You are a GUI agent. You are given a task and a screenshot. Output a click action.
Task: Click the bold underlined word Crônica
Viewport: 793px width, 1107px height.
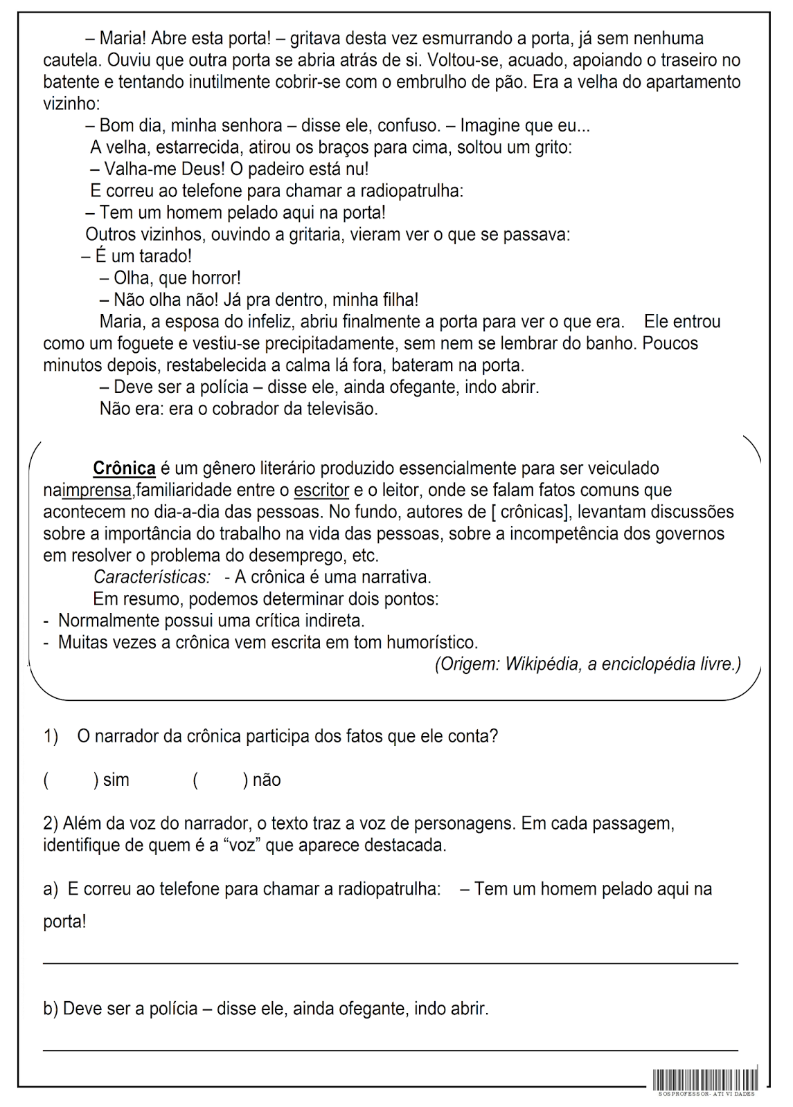pyautogui.click(x=124, y=468)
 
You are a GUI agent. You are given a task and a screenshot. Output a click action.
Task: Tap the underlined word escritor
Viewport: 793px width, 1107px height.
pyautogui.click(x=321, y=491)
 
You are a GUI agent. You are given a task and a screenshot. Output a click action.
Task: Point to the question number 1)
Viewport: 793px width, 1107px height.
pyautogui.click(x=51, y=736)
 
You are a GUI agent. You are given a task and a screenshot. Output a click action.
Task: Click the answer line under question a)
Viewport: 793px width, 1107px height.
pyautogui.click(x=390, y=962)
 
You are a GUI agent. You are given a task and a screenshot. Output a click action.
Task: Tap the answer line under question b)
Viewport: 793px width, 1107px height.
pyautogui.click(x=390, y=1050)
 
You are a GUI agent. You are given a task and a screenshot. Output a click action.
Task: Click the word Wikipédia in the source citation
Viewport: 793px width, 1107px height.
pyautogui.click(x=543, y=664)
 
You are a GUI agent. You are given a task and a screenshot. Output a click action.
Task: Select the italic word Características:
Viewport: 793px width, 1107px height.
pyautogui.click(x=152, y=577)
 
